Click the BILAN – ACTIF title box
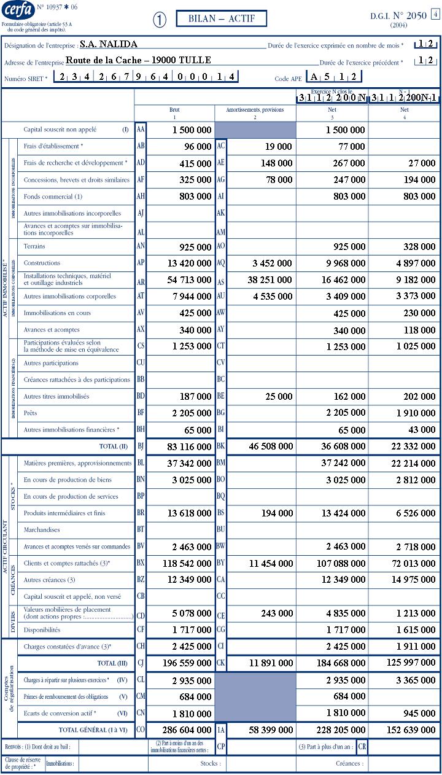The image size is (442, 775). click(x=221, y=19)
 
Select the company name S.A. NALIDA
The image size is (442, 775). click(x=109, y=44)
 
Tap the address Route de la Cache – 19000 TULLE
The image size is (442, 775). click(x=138, y=60)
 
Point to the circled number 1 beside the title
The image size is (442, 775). click(x=160, y=20)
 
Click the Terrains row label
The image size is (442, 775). click(x=34, y=246)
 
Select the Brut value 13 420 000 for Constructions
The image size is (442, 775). click(x=184, y=263)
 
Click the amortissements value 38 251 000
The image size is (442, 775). click(x=265, y=280)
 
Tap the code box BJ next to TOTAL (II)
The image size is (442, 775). click(x=141, y=446)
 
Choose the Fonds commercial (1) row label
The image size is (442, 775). click(x=53, y=197)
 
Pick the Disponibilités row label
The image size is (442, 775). click(x=42, y=629)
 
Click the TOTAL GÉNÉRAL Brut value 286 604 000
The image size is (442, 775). click(x=184, y=730)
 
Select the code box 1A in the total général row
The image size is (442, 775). click(x=221, y=730)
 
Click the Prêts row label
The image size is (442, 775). click(x=31, y=413)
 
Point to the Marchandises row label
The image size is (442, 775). click(x=42, y=529)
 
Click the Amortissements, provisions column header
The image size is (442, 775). click(x=255, y=111)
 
